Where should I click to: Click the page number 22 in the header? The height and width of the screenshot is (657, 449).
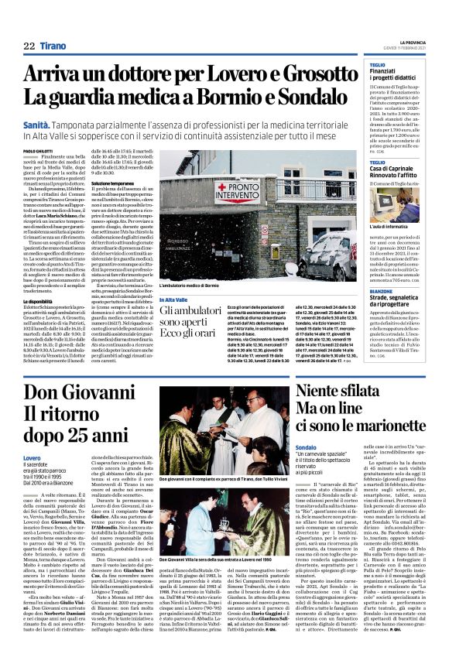tap(29, 46)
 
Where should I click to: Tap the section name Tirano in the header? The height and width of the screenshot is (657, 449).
tap(53, 46)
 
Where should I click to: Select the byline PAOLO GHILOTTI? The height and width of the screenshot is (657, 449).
tap(37, 151)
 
